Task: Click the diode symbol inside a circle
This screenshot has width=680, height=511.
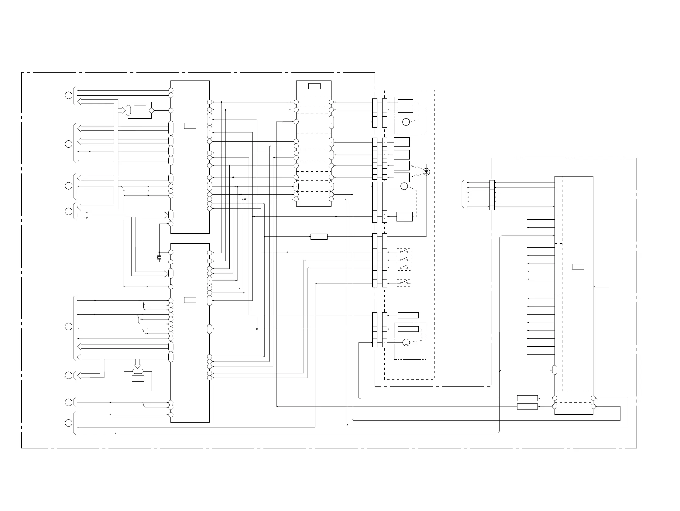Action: coord(426,172)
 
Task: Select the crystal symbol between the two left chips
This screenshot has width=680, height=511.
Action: coord(159,257)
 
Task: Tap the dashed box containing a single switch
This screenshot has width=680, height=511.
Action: coord(404,283)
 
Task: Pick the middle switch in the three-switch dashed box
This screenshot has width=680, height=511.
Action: coord(404,260)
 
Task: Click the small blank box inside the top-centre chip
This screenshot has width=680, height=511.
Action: coord(314,86)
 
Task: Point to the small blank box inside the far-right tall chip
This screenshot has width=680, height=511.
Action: coord(578,266)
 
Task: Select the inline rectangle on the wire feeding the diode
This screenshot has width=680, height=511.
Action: coord(319,237)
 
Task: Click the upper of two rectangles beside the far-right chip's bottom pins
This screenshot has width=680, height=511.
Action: coord(527,398)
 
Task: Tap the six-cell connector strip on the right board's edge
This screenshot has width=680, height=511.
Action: coord(492,195)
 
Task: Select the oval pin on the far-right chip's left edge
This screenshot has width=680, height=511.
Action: coord(555,370)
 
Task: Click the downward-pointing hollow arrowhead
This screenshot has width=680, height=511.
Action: coord(138,366)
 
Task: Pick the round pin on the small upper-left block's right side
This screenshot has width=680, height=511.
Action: coord(151,110)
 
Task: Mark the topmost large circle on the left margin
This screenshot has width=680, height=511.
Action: coord(69,95)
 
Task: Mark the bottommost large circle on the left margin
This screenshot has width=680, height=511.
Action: coord(69,423)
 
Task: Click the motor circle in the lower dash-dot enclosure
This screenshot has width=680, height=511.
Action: coord(406,342)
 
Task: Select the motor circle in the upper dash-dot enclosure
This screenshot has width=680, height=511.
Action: coord(406,122)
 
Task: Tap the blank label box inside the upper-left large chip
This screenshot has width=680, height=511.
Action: coord(190,126)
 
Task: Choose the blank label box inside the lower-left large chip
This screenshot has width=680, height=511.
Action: coord(190,300)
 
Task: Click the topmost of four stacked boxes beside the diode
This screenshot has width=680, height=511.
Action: coord(401,142)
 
